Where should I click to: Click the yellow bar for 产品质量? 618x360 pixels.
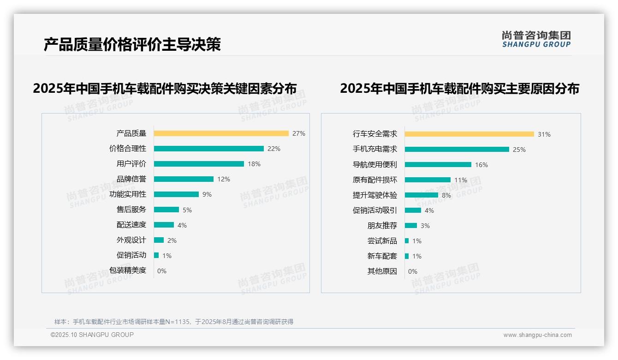coord(221,133)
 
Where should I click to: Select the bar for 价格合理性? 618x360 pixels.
coord(208,149)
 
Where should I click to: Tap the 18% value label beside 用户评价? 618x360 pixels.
coord(254,164)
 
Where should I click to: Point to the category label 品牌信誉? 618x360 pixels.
coord(131,179)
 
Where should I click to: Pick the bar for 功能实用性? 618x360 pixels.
coord(176,194)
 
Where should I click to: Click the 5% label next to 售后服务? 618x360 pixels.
coord(187,210)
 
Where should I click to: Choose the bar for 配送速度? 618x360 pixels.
coord(164,225)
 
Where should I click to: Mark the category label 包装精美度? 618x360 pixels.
coord(128,270)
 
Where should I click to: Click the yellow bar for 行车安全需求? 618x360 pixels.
coord(469,134)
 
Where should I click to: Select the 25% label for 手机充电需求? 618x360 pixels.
coord(519,150)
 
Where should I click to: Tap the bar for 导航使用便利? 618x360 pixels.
coord(438,165)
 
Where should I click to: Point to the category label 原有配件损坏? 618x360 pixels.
coord(375,180)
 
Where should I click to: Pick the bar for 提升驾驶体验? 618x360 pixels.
coord(421,195)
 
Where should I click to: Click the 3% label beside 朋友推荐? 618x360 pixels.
coord(425,226)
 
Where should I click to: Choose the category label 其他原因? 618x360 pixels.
coord(382,271)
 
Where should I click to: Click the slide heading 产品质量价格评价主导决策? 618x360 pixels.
coord(132,44)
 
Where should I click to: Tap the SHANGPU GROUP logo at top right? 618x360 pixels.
coord(536,39)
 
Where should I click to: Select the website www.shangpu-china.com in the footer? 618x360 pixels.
coord(537,335)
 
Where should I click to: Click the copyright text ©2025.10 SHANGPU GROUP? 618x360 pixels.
coord(92,335)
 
